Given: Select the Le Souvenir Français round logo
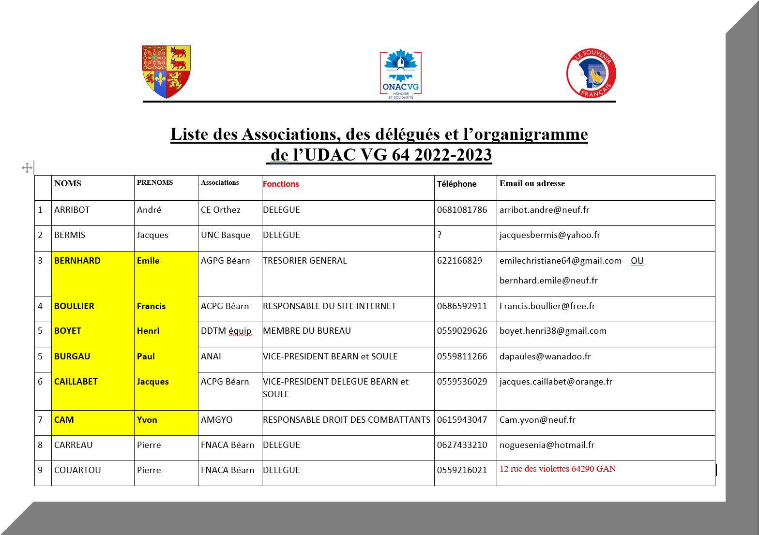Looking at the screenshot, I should coord(591,73).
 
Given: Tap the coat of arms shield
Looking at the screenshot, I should coord(166,72).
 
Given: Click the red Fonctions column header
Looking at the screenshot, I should coord(281,184).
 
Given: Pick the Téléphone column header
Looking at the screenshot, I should coord(456,184).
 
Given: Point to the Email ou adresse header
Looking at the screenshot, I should coord(532,183).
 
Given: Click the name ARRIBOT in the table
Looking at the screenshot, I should coord(72,210).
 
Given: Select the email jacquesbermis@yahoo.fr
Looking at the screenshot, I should coord(549,235).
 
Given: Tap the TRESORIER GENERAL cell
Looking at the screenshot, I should coord(304,261).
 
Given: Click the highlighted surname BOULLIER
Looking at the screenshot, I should coord(74,306).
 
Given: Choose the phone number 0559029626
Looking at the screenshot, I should coord(462,331).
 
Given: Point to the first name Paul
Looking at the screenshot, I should coord(146,357).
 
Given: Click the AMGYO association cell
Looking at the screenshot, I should coord(216,420).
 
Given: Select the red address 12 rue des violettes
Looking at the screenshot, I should coord(558,469).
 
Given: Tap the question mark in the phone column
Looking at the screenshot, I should coord(440,235).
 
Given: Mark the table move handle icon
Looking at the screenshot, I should coord(27,168).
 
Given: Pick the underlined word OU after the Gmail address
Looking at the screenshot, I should coord(637,261).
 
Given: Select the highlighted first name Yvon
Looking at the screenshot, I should coord(147,420).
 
